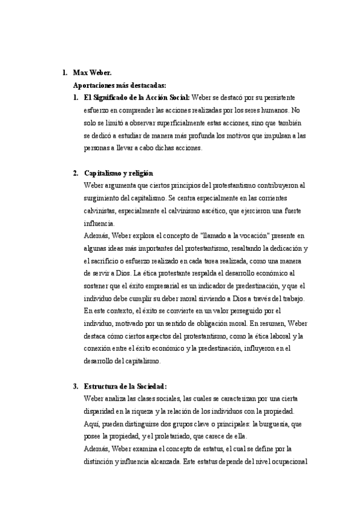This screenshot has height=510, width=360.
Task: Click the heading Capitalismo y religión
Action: point(118,173)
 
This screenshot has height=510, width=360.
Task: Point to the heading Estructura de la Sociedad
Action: point(125,386)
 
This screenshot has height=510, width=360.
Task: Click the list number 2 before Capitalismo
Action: point(76,173)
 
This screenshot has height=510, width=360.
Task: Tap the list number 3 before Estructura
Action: point(76,386)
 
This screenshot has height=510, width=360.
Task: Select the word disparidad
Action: point(103,411)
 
